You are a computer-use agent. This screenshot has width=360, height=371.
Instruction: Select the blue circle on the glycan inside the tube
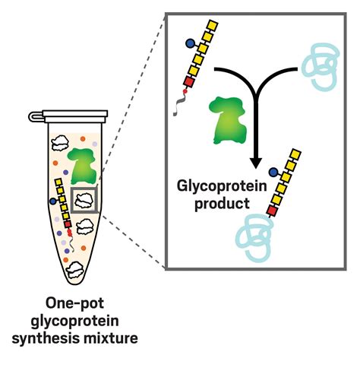(x=52, y=201)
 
